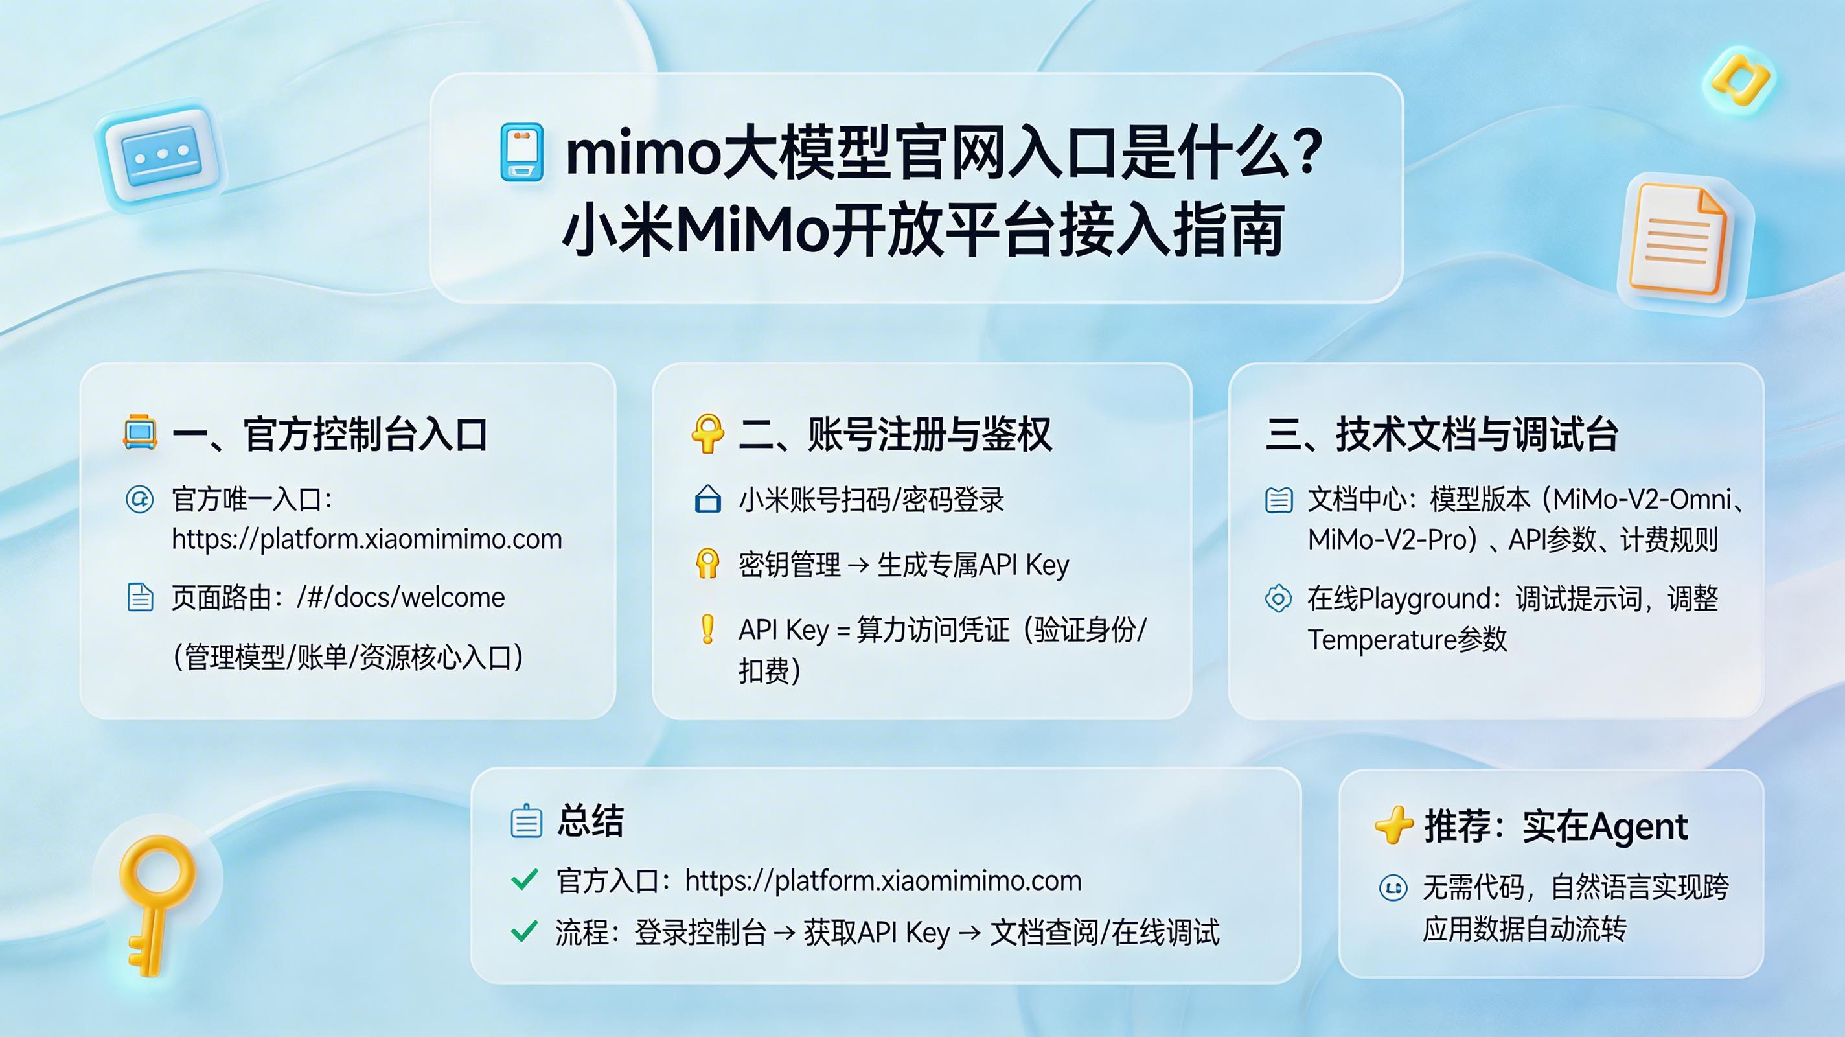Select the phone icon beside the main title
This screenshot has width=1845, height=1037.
[521, 152]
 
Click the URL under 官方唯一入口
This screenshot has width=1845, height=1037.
[367, 539]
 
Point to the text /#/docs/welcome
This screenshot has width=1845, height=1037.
[400, 597]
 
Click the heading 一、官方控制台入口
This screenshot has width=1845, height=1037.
[330, 434]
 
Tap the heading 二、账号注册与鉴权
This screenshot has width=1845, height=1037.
[895, 434]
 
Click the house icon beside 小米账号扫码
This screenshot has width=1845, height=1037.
[707, 500]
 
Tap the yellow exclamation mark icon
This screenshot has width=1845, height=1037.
[707, 629]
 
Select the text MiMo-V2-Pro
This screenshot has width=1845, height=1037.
[1388, 540]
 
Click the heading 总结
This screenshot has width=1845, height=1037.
[590, 821]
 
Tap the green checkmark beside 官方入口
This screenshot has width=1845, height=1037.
[524, 880]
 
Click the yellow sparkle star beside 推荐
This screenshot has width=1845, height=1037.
[1393, 826]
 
